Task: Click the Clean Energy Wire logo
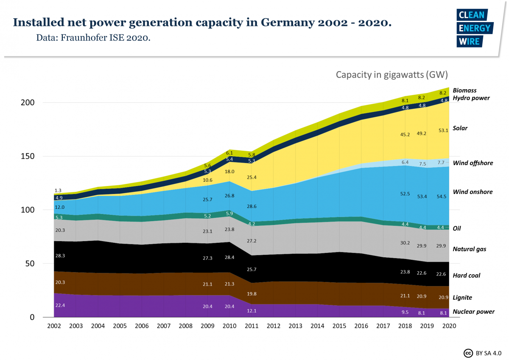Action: click(474, 28)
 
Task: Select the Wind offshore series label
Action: click(473, 163)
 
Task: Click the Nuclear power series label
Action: click(473, 312)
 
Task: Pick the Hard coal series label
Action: click(467, 276)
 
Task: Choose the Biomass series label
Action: click(464, 90)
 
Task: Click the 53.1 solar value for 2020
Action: click(443, 131)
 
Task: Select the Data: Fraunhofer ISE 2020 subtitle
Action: click(93, 38)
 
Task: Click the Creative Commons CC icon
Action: click(468, 353)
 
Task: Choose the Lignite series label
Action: click(462, 298)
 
